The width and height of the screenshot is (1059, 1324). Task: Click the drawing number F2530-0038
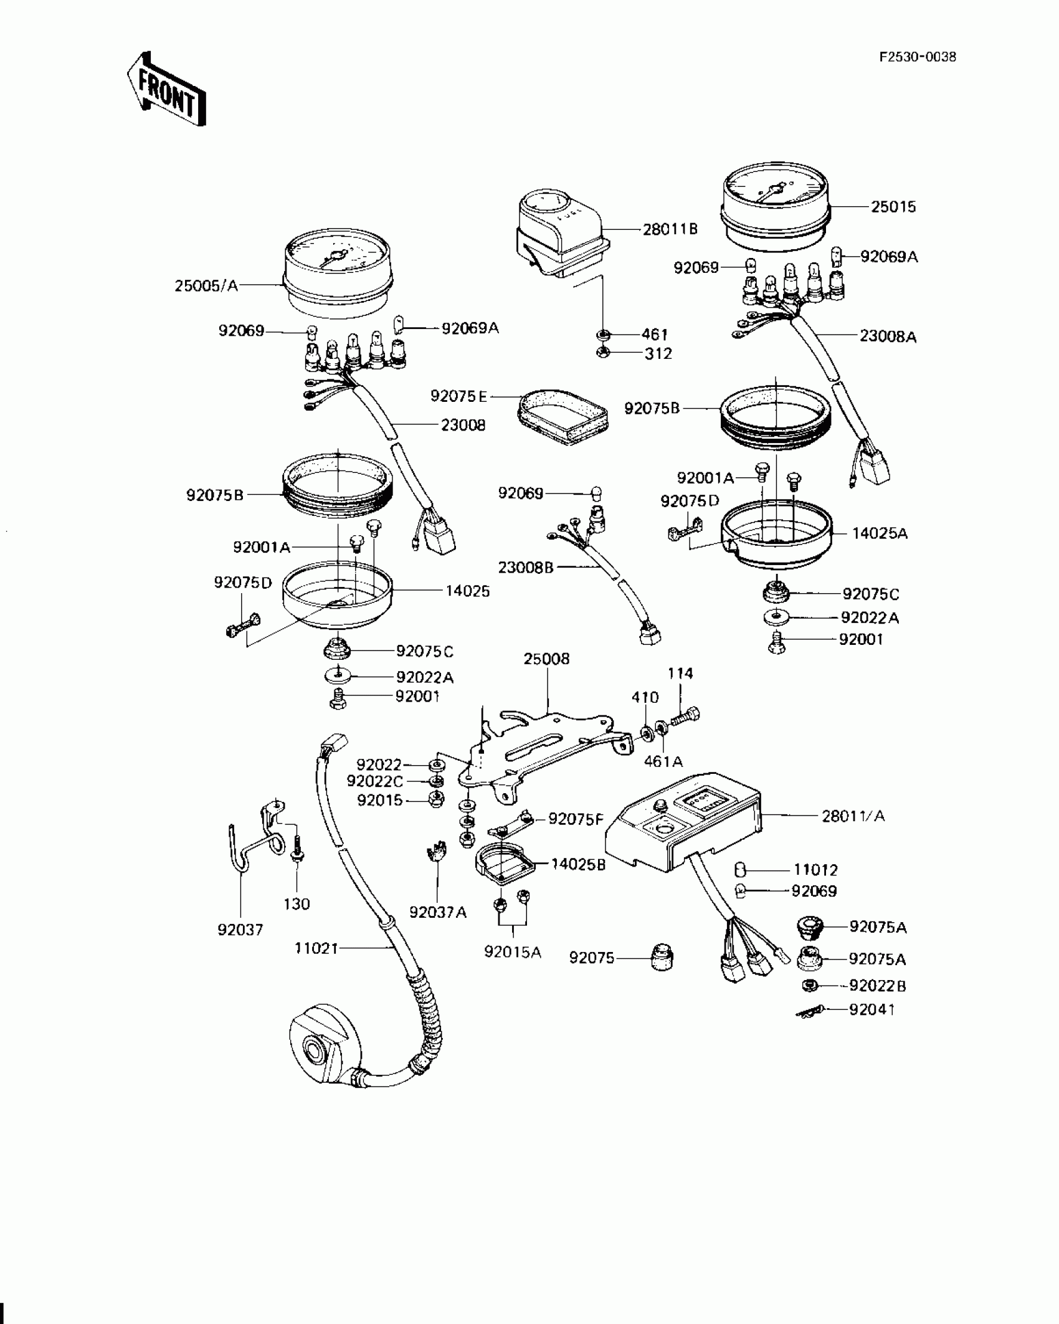click(917, 57)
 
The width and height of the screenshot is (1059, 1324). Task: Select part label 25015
click(893, 207)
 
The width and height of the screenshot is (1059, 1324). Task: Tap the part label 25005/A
click(206, 286)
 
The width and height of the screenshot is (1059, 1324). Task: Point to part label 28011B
click(670, 229)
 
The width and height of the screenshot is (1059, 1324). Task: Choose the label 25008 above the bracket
click(546, 659)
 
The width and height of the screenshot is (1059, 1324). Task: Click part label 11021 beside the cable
click(316, 948)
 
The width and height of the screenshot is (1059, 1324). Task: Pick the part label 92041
click(871, 1009)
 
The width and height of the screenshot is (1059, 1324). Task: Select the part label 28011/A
click(853, 816)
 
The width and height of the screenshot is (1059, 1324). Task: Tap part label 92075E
click(458, 396)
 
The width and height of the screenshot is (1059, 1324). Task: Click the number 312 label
click(658, 354)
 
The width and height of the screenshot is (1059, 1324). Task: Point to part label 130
click(297, 904)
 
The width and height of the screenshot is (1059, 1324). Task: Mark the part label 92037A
click(438, 912)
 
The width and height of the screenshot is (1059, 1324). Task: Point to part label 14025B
click(578, 864)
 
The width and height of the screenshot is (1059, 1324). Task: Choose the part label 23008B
click(526, 568)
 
